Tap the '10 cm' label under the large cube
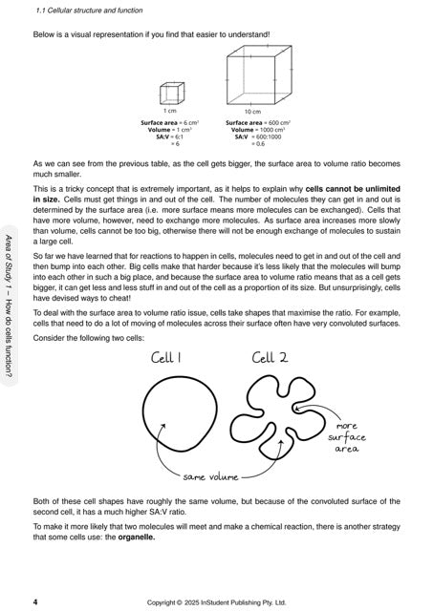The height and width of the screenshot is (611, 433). pos(253,112)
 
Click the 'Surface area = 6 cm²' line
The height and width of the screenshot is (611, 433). pos(169,122)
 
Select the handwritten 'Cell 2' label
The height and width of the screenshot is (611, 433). pos(271,359)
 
